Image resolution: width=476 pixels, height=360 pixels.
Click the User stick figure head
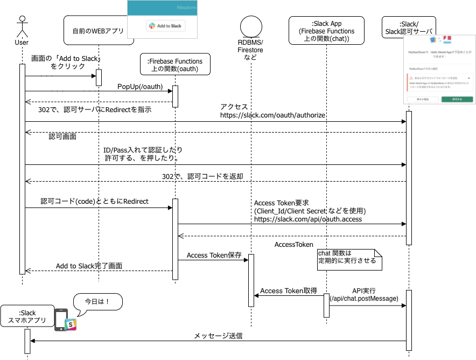(22, 19)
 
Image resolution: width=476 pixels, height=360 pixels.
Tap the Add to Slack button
(166, 26)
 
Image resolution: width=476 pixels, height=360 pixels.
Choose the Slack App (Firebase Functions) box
(327, 32)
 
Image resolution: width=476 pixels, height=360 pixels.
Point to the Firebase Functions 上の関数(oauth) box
(174, 65)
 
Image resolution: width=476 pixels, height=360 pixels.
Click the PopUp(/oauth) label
(140, 87)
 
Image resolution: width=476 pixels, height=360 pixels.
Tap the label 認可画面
(63, 137)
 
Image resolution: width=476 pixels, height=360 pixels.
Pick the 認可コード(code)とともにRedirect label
(94, 201)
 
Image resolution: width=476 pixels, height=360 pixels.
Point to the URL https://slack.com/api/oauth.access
(307, 219)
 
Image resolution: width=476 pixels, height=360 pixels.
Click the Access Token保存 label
(214, 255)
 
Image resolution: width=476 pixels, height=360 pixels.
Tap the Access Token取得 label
(289, 291)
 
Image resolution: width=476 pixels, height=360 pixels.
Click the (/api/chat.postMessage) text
(364, 299)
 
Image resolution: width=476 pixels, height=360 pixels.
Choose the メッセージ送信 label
(218, 336)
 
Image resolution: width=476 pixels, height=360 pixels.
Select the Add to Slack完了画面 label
(89, 266)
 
